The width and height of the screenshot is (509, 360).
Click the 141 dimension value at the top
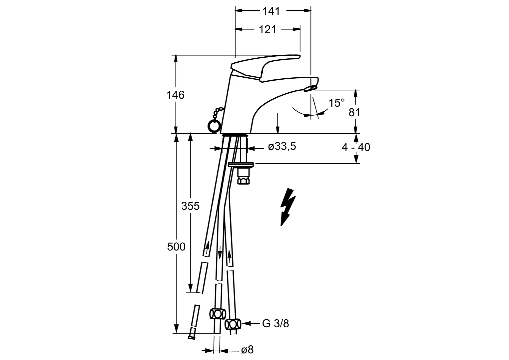(271, 11)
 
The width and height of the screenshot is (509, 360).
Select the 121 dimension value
(267, 29)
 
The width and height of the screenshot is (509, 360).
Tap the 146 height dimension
(176, 95)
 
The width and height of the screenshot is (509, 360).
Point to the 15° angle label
(336, 103)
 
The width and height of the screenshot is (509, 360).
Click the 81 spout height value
(354, 113)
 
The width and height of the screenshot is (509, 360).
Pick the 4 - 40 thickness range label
(356, 147)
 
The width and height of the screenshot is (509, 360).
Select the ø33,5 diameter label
(282, 146)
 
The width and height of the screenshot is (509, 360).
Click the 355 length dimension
(190, 206)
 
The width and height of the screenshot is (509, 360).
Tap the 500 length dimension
(176, 247)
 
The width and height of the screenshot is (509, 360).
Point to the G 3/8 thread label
(275, 323)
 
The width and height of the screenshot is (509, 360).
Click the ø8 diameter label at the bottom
(247, 350)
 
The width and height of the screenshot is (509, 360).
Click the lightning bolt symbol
(288, 207)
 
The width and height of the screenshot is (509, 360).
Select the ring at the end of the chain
(214, 126)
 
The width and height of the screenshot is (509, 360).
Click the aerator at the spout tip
(310, 88)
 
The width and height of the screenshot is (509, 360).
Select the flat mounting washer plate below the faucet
(241, 164)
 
